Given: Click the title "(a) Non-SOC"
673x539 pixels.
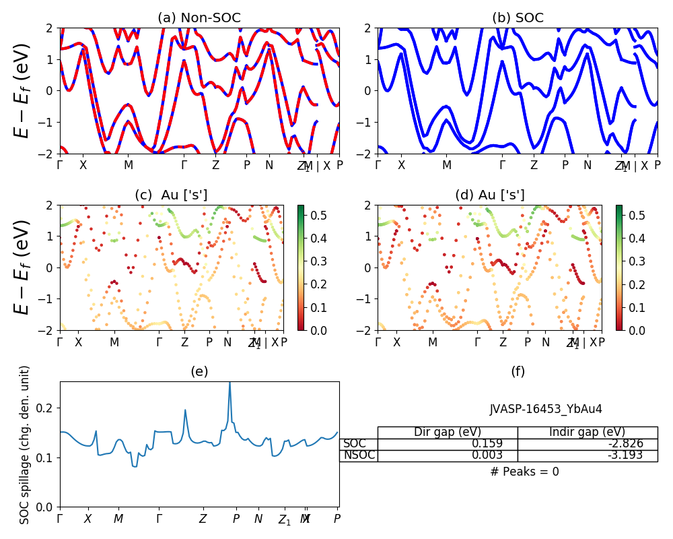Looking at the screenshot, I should click(199, 18).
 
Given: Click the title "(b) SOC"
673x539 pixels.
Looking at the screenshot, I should click(518, 18).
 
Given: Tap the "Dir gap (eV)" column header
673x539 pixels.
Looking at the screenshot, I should click(448, 433).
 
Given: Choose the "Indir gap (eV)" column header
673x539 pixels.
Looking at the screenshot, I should click(588, 433).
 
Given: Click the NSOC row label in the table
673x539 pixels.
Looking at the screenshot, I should click(359, 455).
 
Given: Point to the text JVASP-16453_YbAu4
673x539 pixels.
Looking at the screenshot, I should click(546, 409).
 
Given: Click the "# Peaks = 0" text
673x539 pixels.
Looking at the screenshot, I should click(524, 472).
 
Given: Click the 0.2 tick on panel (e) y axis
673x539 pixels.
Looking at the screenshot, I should click(48, 408).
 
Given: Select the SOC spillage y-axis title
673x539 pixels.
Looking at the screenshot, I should click(25, 445).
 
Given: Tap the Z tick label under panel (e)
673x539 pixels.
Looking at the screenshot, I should click(203, 519).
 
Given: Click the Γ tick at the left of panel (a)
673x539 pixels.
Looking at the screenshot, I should click(60, 165).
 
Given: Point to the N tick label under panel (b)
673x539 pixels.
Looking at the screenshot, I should click(588, 165).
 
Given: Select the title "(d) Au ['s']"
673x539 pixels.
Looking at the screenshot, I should click(489, 195).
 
